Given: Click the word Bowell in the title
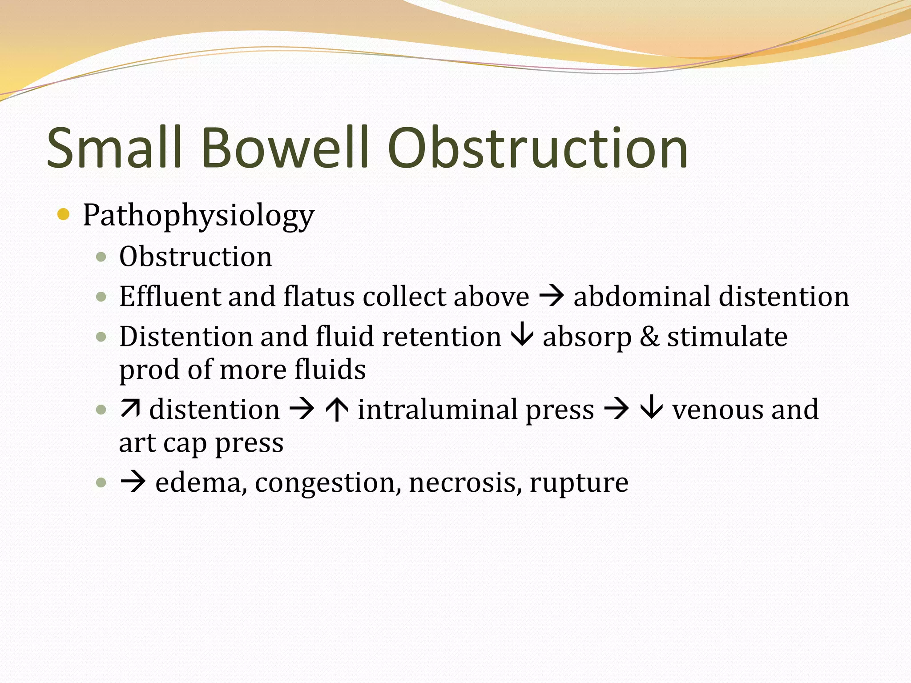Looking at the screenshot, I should (285, 148).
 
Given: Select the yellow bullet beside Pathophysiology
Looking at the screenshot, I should (64, 215).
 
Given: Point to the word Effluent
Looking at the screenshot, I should (169, 296).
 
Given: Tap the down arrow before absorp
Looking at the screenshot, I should (522, 336).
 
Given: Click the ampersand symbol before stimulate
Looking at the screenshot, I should (649, 337).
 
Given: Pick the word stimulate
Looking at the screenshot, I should (727, 337).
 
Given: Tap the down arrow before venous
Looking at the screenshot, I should (652, 409).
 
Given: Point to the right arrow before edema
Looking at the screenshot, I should (133, 482).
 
